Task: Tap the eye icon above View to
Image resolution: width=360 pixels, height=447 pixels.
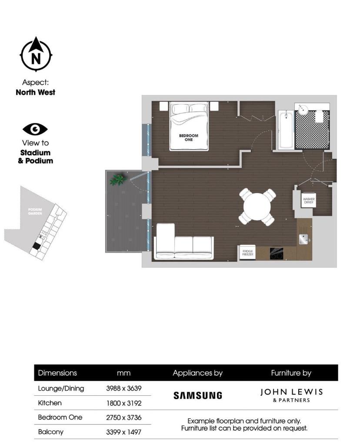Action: click(x=35, y=129)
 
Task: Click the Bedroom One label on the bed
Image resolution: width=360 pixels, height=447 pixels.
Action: click(x=188, y=137)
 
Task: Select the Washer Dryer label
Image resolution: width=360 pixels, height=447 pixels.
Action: click(x=309, y=200)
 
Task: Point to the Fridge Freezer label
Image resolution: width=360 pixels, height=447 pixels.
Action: click(x=247, y=253)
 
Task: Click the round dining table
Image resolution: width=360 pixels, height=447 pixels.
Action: click(x=257, y=207)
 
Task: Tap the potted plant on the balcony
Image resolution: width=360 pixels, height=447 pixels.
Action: click(x=117, y=179)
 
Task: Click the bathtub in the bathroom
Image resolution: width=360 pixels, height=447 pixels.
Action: click(x=285, y=130)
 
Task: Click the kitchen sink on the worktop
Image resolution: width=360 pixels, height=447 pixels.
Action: click(x=304, y=238)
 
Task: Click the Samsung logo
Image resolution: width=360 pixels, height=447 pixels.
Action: click(x=198, y=395)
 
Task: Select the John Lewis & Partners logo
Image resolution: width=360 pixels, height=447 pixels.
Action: click(x=291, y=395)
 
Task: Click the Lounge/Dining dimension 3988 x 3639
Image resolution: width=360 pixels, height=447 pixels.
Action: click(x=124, y=388)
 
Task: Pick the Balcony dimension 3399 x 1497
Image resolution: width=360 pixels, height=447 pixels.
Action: click(x=124, y=432)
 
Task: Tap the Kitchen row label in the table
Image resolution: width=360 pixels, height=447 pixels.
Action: click(x=50, y=403)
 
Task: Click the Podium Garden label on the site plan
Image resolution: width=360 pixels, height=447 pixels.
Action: click(x=34, y=211)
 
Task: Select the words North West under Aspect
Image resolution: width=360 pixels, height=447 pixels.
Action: click(x=35, y=92)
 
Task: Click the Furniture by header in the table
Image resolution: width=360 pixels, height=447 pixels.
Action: click(x=291, y=373)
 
